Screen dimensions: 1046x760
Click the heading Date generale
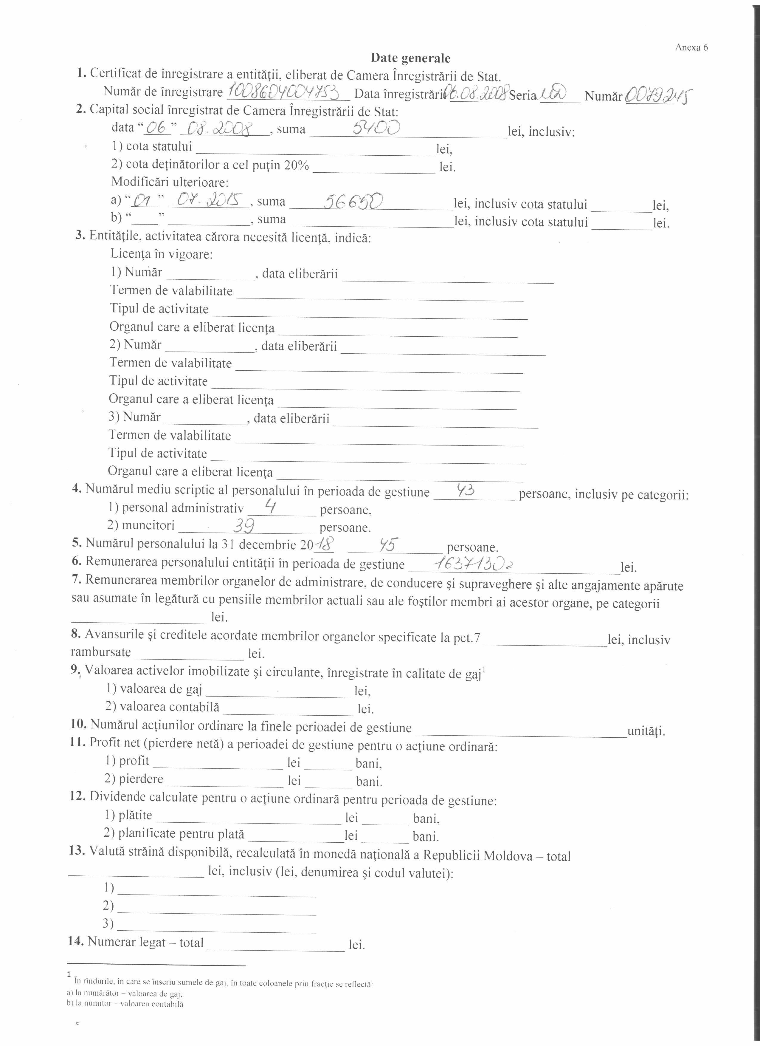410,58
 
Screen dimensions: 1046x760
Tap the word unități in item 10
646,731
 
